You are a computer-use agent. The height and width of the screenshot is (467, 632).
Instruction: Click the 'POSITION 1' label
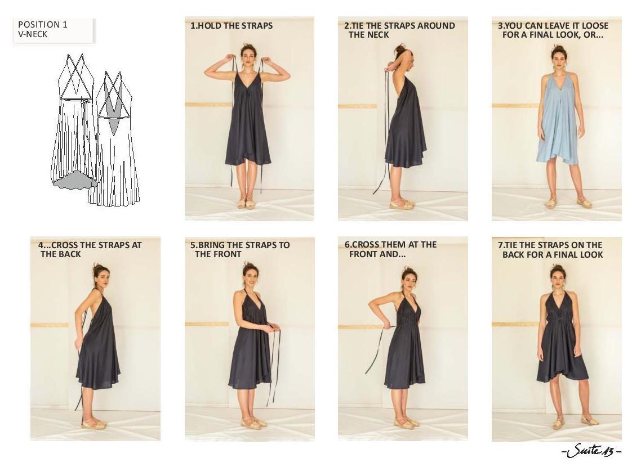42,25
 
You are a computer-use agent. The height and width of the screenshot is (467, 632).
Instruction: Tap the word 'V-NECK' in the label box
32,34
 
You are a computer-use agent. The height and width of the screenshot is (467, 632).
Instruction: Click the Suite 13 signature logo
591,451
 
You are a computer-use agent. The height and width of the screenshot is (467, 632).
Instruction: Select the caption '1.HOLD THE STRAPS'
232,26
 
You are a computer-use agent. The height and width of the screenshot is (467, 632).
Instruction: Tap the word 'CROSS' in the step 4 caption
65,245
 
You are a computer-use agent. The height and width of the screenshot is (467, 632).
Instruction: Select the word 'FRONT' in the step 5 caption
228,254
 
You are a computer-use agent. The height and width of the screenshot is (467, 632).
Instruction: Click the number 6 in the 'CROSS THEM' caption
347,245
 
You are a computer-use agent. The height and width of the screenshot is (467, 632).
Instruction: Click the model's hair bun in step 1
247,48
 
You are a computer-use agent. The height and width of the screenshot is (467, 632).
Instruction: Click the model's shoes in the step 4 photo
94,423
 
